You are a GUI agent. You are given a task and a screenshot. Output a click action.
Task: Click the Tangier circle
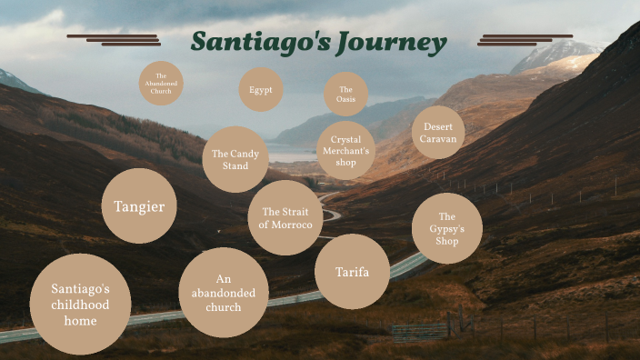coord(139,206)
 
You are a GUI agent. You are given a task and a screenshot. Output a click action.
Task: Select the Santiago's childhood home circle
coord(80,304)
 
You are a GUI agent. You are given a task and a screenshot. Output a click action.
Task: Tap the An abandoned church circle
coord(224,293)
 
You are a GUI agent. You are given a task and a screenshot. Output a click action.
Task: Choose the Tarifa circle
coord(352,272)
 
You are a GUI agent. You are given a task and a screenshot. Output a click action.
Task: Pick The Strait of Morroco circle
coord(285,218)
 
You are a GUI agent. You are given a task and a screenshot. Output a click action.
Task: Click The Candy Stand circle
coord(235,159)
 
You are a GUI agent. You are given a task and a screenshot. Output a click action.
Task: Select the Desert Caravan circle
coord(438,133)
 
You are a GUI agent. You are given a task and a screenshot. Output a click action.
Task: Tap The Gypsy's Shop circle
coord(446,228)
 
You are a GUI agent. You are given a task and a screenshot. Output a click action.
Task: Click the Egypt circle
coord(261,90)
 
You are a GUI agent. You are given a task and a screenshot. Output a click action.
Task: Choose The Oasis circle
coord(345,94)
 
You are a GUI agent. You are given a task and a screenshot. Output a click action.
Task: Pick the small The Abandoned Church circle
coord(161,84)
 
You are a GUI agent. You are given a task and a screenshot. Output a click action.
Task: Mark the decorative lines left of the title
coord(115,40)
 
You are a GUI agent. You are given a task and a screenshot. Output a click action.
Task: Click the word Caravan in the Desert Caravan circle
coord(438,139)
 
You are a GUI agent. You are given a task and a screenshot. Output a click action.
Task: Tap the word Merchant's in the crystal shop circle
coord(345,151)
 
